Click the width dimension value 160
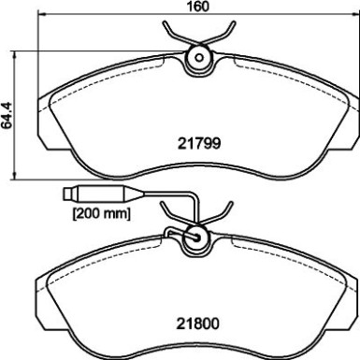(x=196, y=7)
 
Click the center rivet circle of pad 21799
(x=197, y=58)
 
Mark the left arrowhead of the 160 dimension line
(x=41, y=19)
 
